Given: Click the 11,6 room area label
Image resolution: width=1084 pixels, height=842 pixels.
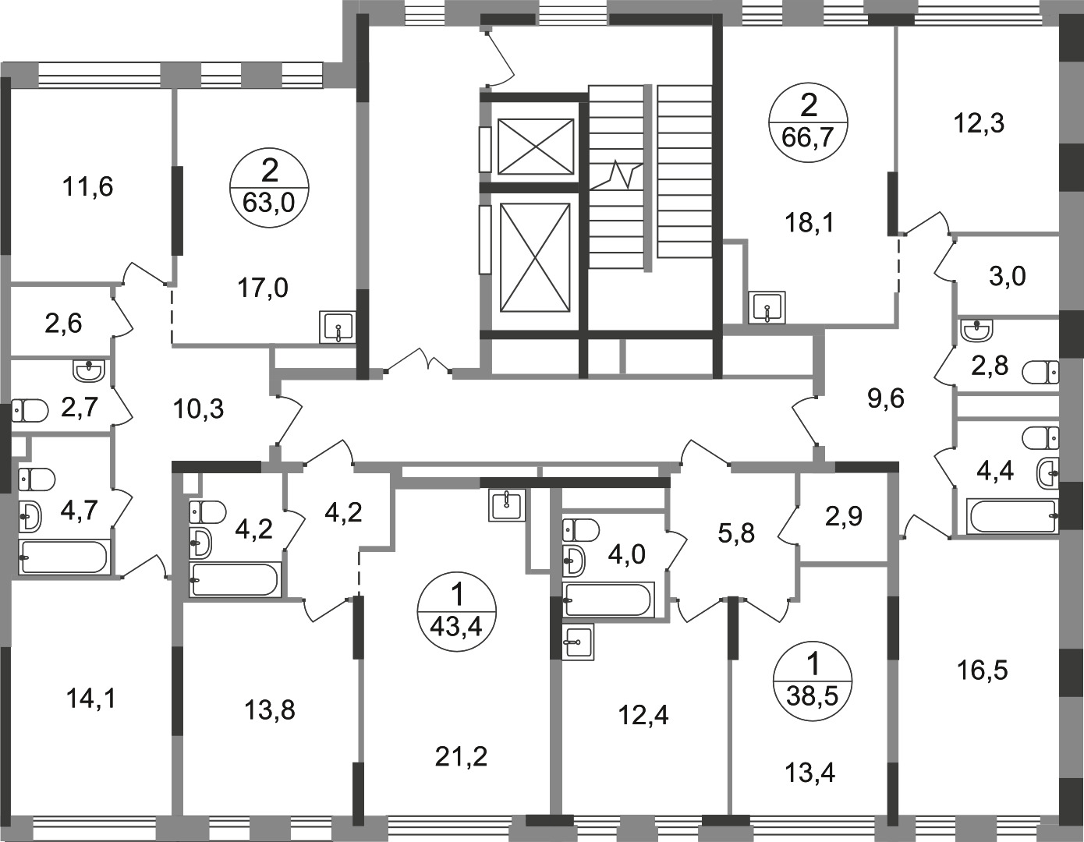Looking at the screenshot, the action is click(x=88, y=188).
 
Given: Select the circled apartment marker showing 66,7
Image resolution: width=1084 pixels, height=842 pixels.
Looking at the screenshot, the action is click(x=808, y=122).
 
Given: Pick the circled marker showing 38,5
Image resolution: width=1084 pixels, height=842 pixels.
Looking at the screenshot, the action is click(x=813, y=681).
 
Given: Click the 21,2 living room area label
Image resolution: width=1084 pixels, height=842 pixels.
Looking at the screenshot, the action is click(x=460, y=757).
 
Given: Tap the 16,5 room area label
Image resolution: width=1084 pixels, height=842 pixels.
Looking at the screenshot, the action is click(x=983, y=670).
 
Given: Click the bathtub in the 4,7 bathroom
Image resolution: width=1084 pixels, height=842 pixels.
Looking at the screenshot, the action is click(x=63, y=557).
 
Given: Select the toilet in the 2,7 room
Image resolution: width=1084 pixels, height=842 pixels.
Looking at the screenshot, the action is click(x=29, y=411).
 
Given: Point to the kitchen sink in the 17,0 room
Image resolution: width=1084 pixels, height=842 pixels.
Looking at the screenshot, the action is click(x=338, y=327).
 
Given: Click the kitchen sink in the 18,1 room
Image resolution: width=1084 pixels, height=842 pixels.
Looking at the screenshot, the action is click(x=767, y=308).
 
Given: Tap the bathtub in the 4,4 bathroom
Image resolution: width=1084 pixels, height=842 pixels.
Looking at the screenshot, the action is click(x=1011, y=516).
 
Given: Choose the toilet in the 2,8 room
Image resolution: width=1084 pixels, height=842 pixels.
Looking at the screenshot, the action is click(x=1040, y=373).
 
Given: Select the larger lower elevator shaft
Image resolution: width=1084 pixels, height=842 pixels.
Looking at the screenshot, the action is click(x=535, y=257).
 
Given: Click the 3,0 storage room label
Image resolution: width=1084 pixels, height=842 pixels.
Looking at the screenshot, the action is click(x=1007, y=277).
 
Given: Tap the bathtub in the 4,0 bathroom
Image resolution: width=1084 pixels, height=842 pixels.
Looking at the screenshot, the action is click(x=607, y=600).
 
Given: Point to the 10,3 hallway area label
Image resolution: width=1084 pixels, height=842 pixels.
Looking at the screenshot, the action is click(x=199, y=410).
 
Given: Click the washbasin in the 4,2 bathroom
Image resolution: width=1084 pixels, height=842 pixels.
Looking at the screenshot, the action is click(x=200, y=543).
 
